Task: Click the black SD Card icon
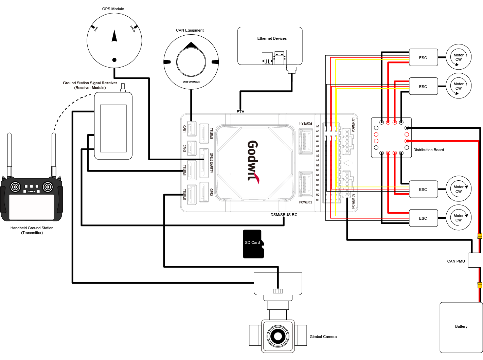click(253, 244)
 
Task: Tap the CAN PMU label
click(456, 261)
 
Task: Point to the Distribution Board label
click(428, 150)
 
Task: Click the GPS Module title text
click(113, 9)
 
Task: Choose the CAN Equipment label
click(190, 30)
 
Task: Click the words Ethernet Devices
click(272, 38)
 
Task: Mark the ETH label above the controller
click(240, 112)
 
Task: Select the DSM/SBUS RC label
click(284, 215)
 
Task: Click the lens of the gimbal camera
click(278, 336)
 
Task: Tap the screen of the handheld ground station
click(31, 207)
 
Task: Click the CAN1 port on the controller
click(192, 129)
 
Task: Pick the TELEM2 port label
click(184, 195)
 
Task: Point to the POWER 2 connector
click(306, 184)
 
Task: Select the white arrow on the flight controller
click(348, 163)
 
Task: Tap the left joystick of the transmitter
click(15, 187)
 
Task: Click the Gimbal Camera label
click(323, 337)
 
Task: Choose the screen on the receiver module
click(113, 128)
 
